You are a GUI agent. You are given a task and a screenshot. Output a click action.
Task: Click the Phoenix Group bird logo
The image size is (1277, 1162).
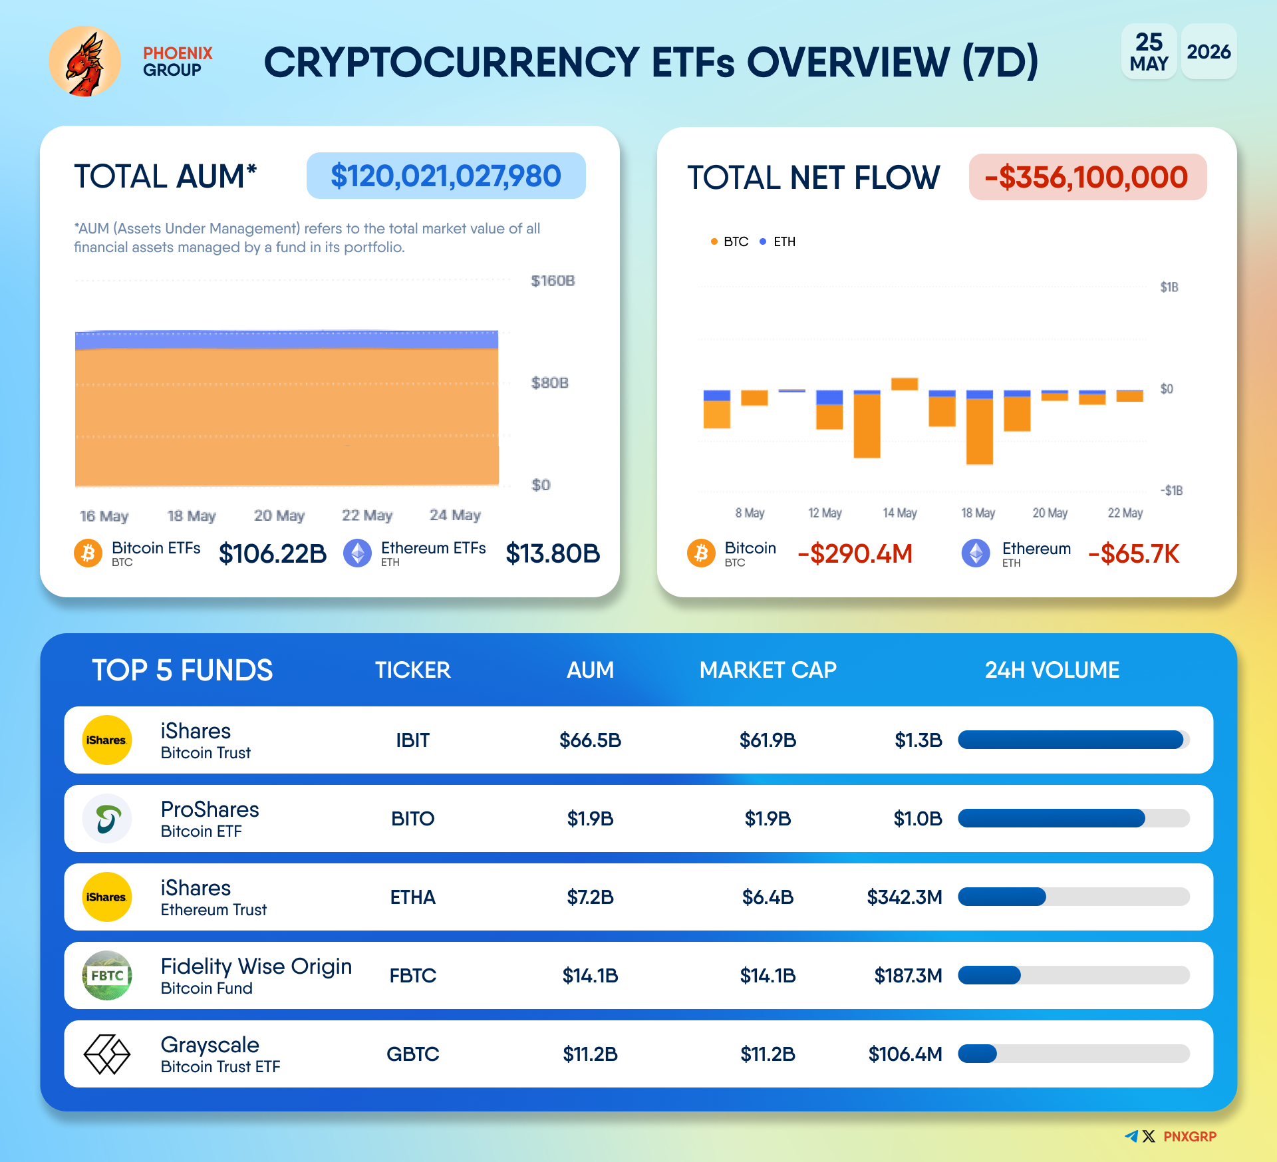tap(85, 62)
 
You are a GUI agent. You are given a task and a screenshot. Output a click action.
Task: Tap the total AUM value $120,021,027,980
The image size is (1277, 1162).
tap(446, 176)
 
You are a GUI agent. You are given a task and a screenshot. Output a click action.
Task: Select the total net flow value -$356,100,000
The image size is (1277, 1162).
tap(1087, 177)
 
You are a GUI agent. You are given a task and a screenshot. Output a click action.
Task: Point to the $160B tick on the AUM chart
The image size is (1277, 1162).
tap(553, 281)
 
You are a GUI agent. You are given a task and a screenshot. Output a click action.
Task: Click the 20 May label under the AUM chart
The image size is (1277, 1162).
tap(279, 515)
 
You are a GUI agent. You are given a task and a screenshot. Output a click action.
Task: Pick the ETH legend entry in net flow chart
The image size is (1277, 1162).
tap(778, 241)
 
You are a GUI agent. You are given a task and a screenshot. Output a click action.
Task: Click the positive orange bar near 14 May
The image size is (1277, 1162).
tap(905, 384)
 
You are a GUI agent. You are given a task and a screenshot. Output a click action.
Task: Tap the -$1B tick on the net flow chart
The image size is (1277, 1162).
tap(1171, 490)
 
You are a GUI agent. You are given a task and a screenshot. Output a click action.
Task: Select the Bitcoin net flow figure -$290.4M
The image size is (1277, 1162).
tap(855, 553)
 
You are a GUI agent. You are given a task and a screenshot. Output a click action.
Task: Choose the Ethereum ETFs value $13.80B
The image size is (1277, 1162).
tap(553, 553)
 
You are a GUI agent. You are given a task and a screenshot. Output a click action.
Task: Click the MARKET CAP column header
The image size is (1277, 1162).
tap(768, 670)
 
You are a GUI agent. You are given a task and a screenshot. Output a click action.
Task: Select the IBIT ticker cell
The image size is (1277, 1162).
tap(413, 740)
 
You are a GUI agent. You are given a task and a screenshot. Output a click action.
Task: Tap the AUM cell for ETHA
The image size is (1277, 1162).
tap(591, 897)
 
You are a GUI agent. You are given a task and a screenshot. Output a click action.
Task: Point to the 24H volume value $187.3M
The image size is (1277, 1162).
tap(909, 976)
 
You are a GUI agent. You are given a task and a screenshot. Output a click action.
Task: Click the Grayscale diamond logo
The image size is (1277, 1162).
tap(106, 1054)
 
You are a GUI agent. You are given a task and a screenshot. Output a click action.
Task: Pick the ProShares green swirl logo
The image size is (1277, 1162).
tap(107, 819)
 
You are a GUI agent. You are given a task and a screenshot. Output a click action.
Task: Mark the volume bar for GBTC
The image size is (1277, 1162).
tap(1073, 1054)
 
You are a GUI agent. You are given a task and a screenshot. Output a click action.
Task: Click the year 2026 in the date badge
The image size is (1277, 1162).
tap(1209, 52)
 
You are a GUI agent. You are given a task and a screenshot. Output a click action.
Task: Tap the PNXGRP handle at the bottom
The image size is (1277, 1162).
tap(1190, 1137)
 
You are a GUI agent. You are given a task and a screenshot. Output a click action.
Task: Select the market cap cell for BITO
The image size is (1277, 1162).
tap(768, 819)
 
